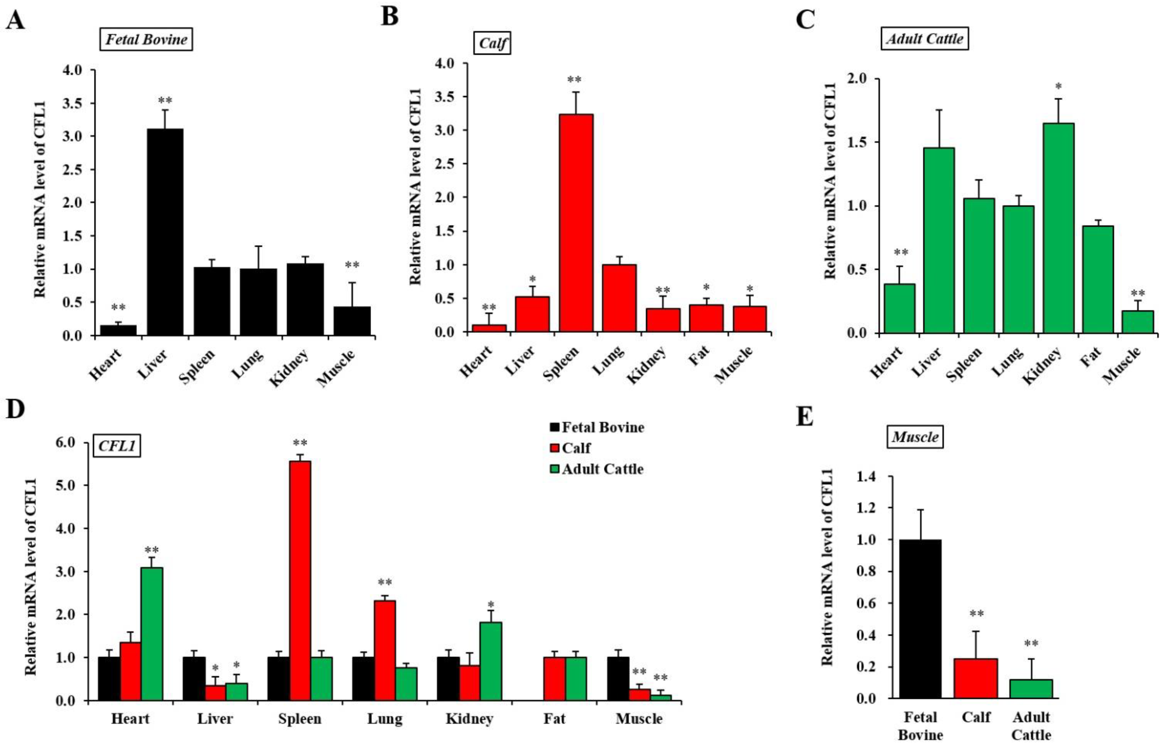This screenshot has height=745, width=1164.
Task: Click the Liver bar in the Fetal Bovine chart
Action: tap(165, 232)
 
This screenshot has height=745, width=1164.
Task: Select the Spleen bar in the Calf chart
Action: tap(576, 223)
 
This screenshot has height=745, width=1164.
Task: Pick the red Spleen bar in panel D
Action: tap(300, 580)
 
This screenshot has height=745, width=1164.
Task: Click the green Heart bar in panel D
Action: tap(151, 634)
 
